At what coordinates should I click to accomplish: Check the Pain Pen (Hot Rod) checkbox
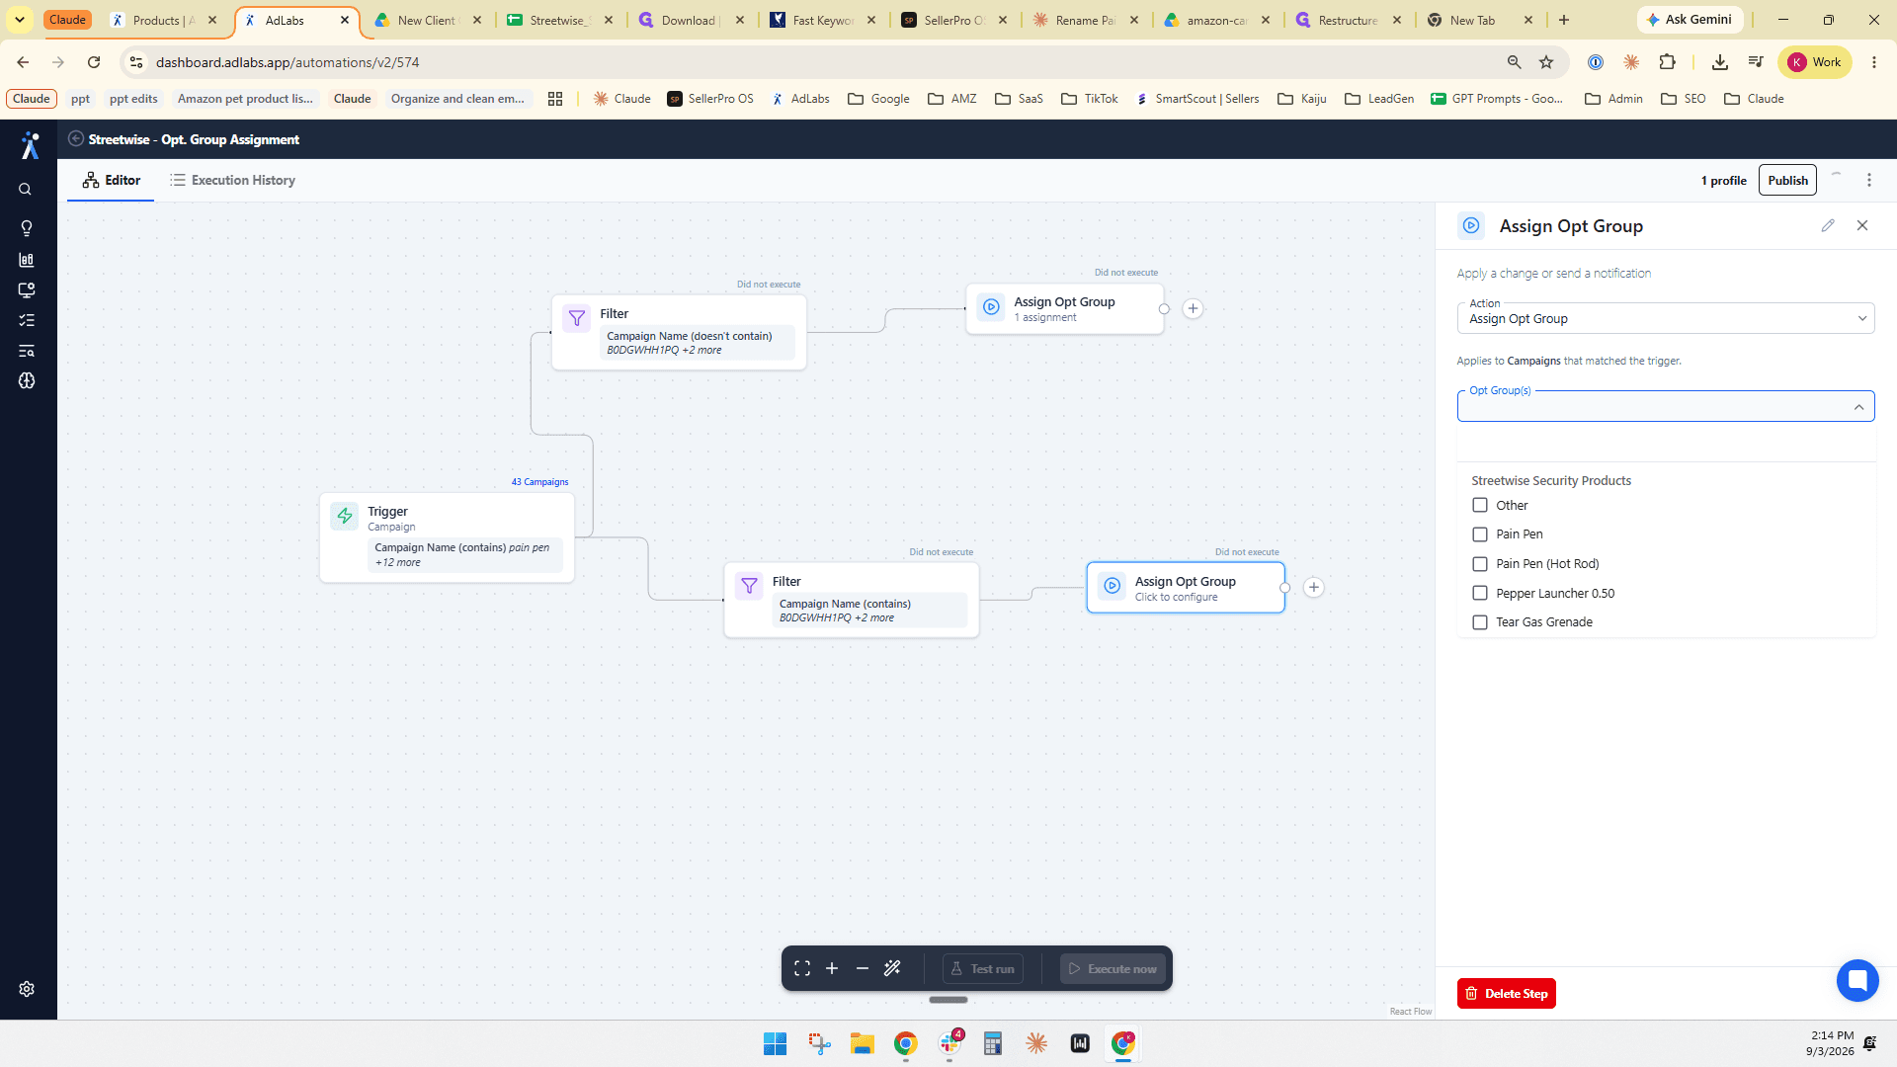pyautogui.click(x=1480, y=564)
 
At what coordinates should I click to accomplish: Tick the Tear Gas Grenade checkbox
pyautogui.click(x=1480, y=622)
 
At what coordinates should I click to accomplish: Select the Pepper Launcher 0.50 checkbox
pyautogui.click(x=1480, y=593)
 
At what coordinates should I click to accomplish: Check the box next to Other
pyautogui.click(x=1480, y=505)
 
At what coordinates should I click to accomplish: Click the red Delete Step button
pyautogui.click(x=1506, y=993)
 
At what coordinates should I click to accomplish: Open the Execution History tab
pyautogui.click(x=232, y=180)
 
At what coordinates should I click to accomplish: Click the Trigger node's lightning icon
pyautogui.click(x=345, y=516)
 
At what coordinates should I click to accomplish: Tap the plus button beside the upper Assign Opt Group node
pyautogui.click(x=1193, y=308)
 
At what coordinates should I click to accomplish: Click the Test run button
pyautogui.click(x=983, y=969)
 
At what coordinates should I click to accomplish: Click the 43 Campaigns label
pyautogui.click(x=539, y=482)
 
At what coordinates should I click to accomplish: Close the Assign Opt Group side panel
pyautogui.click(x=1862, y=225)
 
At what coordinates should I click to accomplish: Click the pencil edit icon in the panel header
pyautogui.click(x=1828, y=225)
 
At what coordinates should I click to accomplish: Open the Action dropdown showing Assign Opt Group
pyautogui.click(x=1666, y=318)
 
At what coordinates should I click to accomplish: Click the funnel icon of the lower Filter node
pyautogui.click(x=749, y=586)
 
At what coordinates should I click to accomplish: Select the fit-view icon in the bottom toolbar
pyautogui.click(x=802, y=969)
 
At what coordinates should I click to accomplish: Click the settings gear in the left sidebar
pyautogui.click(x=27, y=989)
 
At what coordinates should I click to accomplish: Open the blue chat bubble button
pyautogui.click(x=1857, y=981)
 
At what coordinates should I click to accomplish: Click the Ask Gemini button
pyautogui.click(x=1690, y=20)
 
